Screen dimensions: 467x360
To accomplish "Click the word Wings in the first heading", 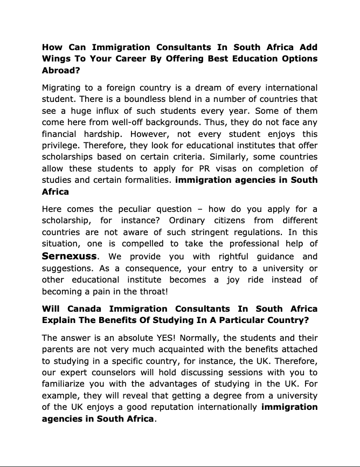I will click(57, 58).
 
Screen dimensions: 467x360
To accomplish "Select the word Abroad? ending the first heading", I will click(60, 70).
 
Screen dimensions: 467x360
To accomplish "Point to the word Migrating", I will click(63, 87).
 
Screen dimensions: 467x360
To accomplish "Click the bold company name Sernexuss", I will click(69, 256).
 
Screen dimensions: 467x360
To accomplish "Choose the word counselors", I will click(122, 373).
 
